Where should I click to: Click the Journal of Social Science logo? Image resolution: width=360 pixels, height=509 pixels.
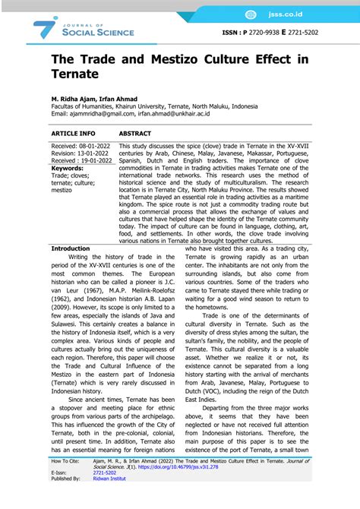[x=84, y=28]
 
